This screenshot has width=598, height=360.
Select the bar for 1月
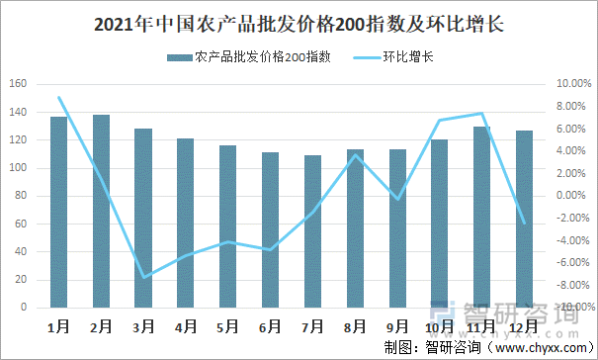point(58,212)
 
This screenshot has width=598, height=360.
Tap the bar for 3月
point(143,218)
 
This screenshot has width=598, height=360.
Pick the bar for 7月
point(312,231)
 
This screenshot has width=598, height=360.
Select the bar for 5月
point(227,226)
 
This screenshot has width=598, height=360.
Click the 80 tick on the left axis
point(21,196)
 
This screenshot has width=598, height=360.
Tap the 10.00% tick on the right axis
point(570,84)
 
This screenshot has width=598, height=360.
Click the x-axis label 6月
point(270,324)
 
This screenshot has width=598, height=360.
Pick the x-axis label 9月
point(397,324)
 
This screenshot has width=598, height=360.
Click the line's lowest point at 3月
point(143,277)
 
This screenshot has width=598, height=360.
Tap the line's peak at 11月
point(481,113)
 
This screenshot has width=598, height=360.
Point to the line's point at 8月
point(355,154)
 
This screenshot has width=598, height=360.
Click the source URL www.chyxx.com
point(540,347)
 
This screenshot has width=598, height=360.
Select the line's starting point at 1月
point(58,97)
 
